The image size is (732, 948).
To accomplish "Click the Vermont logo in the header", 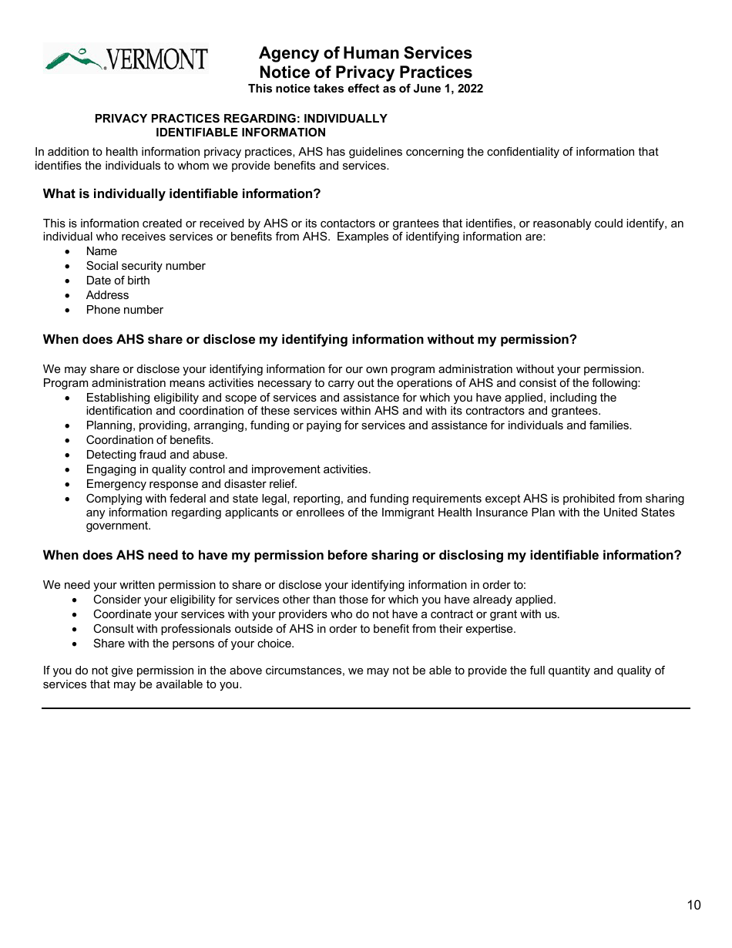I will (x=126, y=59).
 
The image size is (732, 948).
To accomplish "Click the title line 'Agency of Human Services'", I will (x=365, y=53).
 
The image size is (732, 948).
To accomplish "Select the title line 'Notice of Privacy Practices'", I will (x=365, y=72).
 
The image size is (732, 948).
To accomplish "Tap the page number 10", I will (x=693, y=905).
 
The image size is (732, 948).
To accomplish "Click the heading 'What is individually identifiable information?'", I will (x=182, y=193).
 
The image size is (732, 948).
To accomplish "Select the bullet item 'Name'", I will (x=102, y=251).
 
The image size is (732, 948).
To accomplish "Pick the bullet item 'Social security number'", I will (x=146, y=266).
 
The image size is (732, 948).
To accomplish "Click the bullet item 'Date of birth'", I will (x=118, y=281).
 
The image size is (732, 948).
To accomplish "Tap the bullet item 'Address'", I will (x=107, y=295).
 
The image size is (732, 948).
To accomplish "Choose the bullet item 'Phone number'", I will (x=125, y=310).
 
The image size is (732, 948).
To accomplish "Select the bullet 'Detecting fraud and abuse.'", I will (x=156, y=455).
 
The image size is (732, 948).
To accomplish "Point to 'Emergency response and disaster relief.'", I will (x=191, y=484).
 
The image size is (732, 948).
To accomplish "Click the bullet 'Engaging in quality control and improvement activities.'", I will (x=228, y=469).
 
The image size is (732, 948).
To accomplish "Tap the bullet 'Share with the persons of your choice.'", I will (x=193, y=644).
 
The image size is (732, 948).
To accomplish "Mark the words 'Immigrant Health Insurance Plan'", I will (x=465, y=513).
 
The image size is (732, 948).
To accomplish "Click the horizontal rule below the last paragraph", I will (x=365, y=708).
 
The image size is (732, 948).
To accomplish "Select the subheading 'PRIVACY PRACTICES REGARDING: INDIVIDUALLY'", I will (x=240, y=119).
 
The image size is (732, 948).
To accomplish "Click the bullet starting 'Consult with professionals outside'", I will (x=304, y=629).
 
